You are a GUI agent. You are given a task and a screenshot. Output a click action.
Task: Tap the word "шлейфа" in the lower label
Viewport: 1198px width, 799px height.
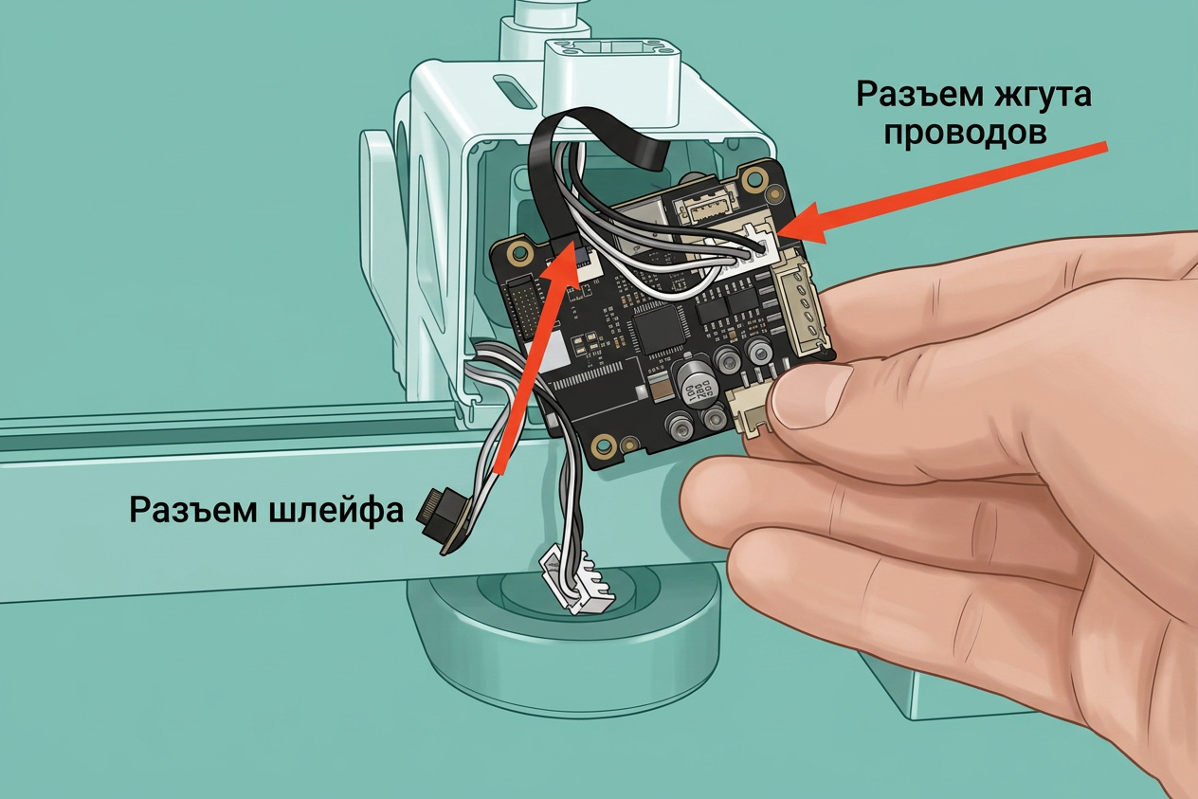point(335,510)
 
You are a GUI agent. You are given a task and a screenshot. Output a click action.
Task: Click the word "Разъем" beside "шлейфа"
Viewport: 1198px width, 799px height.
point(193,510)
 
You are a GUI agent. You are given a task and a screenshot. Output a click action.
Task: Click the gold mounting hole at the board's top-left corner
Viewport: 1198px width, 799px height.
point(518,251)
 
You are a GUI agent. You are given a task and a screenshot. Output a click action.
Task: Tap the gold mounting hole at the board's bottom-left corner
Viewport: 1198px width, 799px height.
point(604,445)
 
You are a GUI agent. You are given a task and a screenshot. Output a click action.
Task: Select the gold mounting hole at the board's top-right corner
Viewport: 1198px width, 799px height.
point(754,175)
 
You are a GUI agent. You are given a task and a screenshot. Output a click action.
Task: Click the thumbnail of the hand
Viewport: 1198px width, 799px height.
point(810,397)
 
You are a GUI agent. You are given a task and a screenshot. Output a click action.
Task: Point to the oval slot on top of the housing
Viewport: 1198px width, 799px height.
point(514,92)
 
